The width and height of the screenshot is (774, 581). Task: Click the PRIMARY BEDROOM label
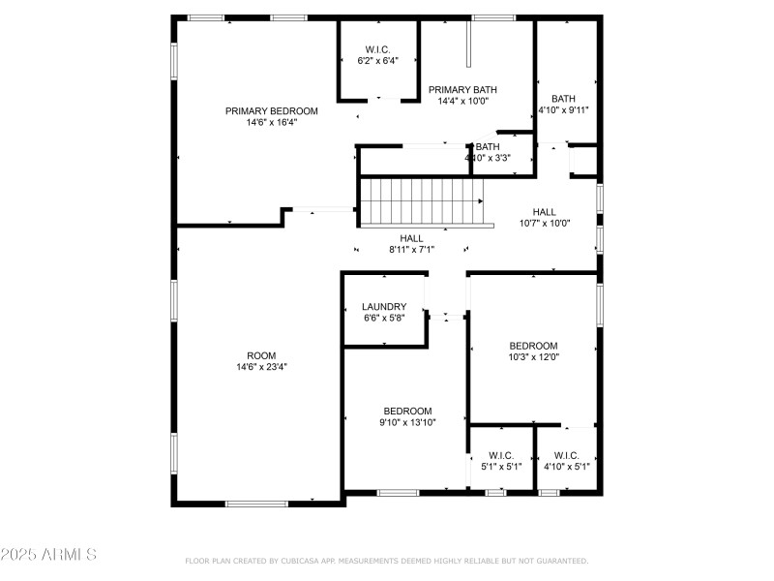pos(271,110)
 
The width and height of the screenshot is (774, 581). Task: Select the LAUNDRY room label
pos(384,307)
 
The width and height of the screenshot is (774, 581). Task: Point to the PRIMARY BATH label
pos(462,89)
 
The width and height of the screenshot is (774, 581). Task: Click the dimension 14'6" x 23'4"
pos(261,367)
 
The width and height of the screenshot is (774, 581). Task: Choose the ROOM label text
pos(261,354)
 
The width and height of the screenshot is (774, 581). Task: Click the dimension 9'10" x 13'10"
pos(407,422)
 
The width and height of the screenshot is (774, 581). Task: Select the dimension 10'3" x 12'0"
pos(534,357)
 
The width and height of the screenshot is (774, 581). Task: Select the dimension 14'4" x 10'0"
pos(462,101)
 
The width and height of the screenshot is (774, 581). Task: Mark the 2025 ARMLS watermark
pos(48,555)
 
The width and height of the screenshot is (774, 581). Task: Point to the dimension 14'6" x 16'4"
pos(271,123)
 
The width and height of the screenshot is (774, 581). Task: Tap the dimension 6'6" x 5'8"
pos(384,319)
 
